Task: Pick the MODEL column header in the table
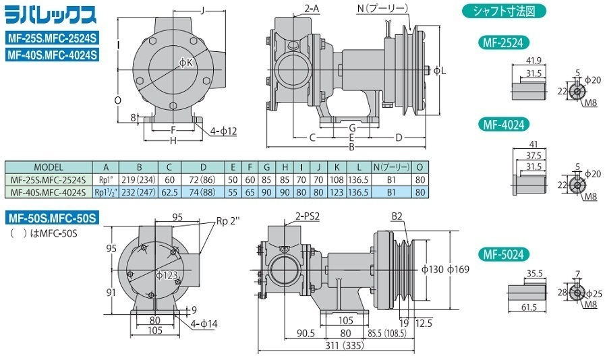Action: point(48,167)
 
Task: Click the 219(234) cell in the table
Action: point(139,180)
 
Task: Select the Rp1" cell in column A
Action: point(105,180)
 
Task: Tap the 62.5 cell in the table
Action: point(169,192)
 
